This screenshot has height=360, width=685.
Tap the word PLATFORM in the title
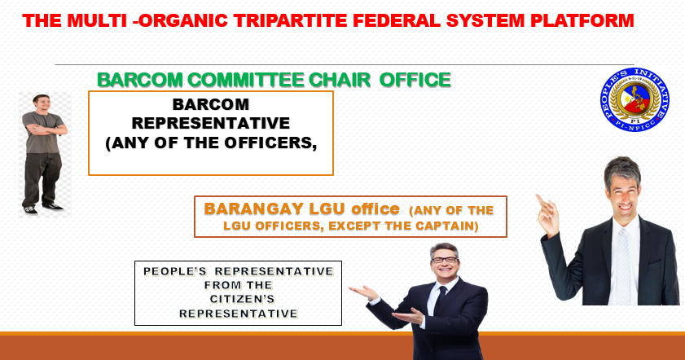(x=582, y=20)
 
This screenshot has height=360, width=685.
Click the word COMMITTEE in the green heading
(x=246, y=80)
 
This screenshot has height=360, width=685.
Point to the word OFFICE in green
(x=415, y=80)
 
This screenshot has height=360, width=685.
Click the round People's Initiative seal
(x=635, y=99)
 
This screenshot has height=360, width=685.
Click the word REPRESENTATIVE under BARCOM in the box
(x=211, y=123)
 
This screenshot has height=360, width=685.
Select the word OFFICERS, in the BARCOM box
(x=270, y=143)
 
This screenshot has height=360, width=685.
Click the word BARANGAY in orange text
(x=254, y=209)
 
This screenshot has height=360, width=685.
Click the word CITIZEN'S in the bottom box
(x=242, y=299)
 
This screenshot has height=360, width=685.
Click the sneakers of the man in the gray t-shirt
(x=43, y=209)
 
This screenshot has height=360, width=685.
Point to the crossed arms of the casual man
(x=46, y=129)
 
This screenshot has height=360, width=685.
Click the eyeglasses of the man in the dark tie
(x=444, y=260)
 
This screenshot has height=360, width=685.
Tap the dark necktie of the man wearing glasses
(x=440, y=301)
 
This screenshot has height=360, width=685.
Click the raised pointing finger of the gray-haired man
(x=540, y=200)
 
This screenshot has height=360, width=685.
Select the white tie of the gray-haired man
(x=623, y=266)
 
